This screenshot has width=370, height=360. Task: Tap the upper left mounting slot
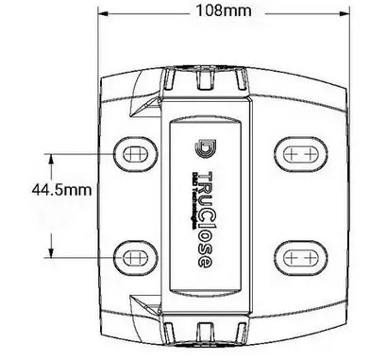133,152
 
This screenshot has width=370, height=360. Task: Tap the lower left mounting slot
133,255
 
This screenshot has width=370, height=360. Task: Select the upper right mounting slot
300,152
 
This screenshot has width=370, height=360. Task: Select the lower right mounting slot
300,255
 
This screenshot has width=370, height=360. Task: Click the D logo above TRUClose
204,149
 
